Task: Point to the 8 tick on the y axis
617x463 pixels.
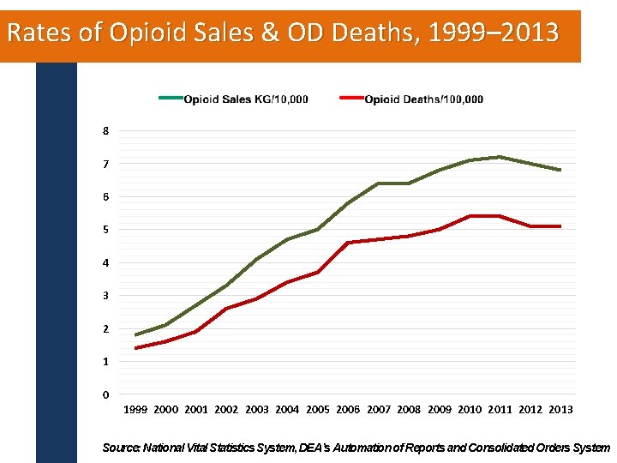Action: point(105,131)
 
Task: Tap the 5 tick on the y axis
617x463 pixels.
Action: point(105,230)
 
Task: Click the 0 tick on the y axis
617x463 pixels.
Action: point(105,395)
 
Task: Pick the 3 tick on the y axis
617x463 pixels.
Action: point(105,296)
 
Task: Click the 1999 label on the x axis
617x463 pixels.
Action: point(135,410)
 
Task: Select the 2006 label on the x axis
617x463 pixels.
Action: point(348,410)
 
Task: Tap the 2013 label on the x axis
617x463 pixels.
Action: point(560,410)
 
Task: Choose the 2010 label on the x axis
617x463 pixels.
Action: point(470,410)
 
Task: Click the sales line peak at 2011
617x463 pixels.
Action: point(500,157)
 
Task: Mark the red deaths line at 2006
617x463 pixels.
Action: point(348,243)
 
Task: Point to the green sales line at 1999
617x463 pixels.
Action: point(135,335)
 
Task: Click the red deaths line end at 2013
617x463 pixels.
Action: point(560,226)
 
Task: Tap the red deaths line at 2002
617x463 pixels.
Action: point(226,309)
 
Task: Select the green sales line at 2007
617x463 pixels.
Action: point(378,183)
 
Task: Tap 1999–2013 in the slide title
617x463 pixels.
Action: point(492,33)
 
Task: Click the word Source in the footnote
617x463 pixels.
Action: point(120,448)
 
